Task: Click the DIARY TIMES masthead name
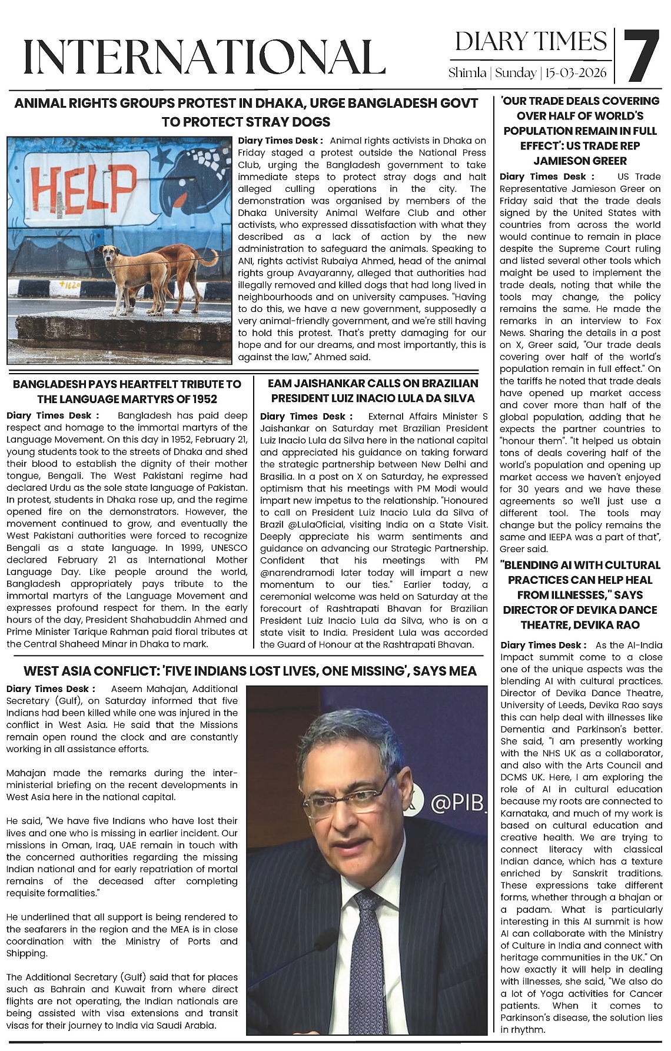530,41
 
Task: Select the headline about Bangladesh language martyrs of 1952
127,391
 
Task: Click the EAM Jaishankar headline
373,391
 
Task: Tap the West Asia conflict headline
250,671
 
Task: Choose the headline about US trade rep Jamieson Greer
580,131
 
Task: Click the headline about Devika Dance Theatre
580,594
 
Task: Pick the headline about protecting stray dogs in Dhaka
246,112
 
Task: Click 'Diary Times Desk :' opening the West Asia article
50,689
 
